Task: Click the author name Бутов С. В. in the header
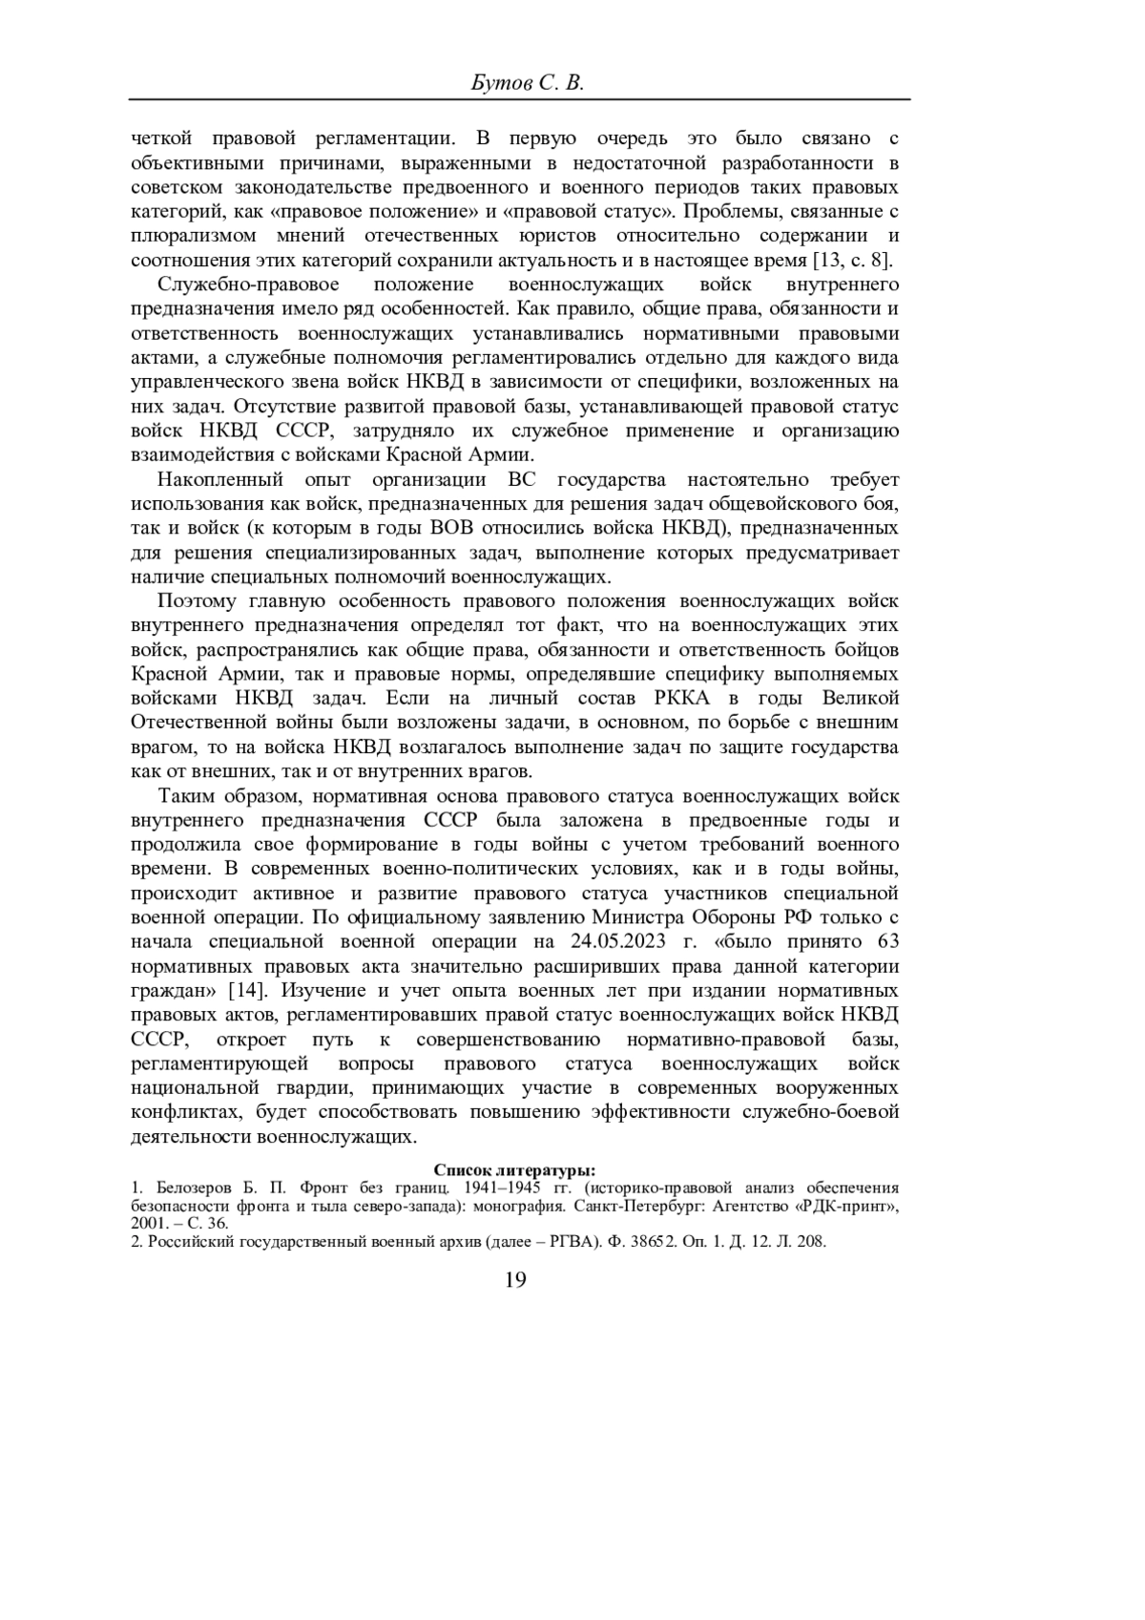click(x=528, y=83)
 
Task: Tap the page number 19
click(x=514, y=1280)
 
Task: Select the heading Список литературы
click(x=514, y=1170)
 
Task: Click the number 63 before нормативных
click(x=887, y=941)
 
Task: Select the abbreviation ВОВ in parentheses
click(x=451, y=528)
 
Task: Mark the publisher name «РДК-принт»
click(x=849, y=1206)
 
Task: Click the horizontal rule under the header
click(x=520, y=99)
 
